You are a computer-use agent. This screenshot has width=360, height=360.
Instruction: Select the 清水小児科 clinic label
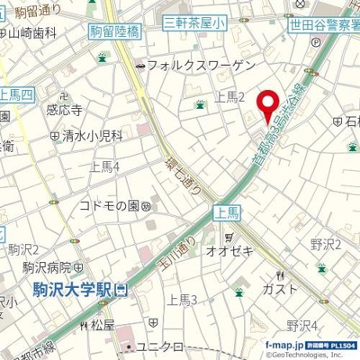click(92, 137)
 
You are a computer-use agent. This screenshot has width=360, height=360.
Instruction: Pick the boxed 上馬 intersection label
click(227, 212)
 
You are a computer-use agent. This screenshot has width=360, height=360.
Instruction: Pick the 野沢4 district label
click(301, 325)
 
